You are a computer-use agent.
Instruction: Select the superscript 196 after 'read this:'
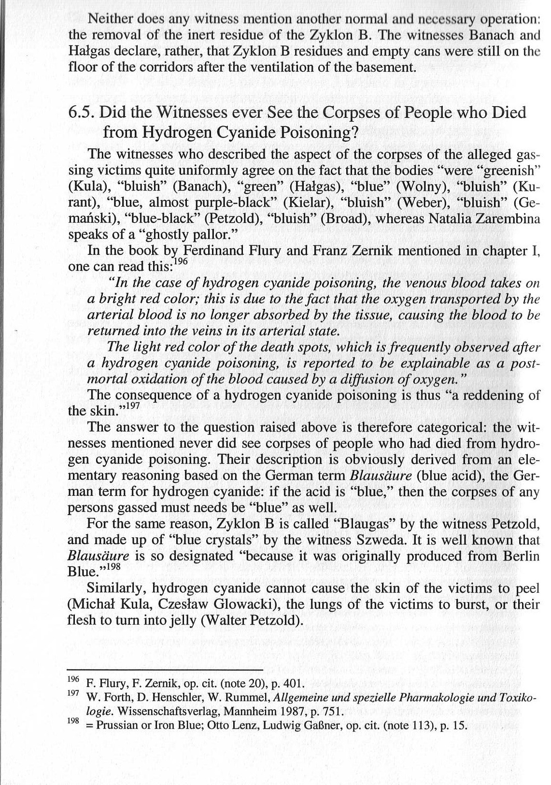pos(180,261)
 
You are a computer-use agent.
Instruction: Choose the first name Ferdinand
pos(212,251)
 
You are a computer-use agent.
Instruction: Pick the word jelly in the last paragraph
pos(180,619)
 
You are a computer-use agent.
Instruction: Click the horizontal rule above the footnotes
pos(164,670)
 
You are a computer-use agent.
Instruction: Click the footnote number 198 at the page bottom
pos(72,722)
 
